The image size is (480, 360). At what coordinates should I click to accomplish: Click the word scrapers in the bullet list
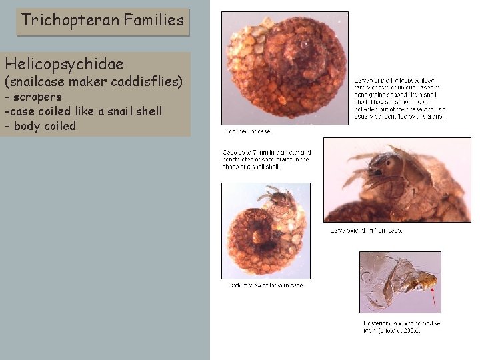tap(38, 97)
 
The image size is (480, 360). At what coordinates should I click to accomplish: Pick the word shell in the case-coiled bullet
tap(147, 111)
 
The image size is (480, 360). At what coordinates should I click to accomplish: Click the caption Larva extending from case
tap(366, 231)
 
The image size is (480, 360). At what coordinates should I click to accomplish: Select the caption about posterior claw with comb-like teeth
tap(401, 327)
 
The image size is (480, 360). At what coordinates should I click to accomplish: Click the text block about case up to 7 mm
tap(266, 159)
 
